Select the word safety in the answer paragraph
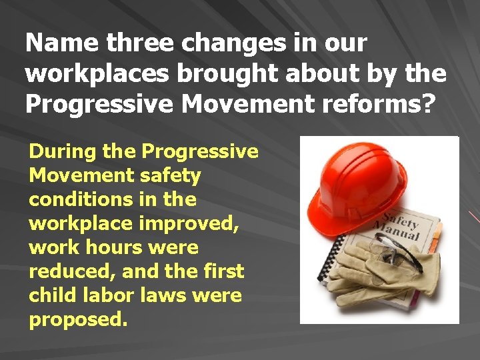pos(170,176)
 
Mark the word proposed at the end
pos(77,320)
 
